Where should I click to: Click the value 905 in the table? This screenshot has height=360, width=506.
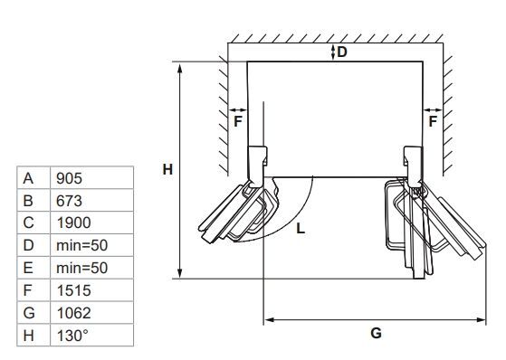69,178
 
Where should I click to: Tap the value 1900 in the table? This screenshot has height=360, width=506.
73,223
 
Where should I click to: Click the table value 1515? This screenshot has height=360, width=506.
73,290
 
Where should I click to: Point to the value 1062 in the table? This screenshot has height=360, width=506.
73,313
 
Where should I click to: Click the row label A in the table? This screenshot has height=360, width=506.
28,178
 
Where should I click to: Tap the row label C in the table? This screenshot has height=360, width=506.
28,223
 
